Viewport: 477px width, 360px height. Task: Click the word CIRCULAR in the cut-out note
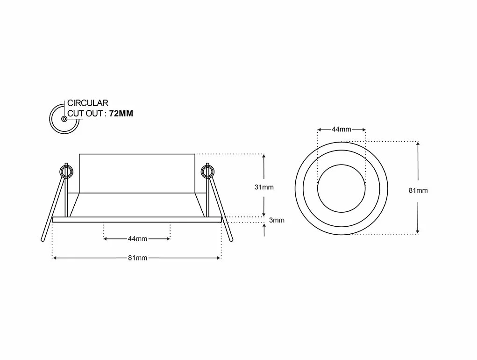point(88,103)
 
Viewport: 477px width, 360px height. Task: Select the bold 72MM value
point(121,114)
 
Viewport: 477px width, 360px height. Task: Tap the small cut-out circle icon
point(63,118)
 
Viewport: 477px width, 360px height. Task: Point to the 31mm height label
point(264,187)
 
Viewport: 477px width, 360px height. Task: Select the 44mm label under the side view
point(137,239)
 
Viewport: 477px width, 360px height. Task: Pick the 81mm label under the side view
point(137,258)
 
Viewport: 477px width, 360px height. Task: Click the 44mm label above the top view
point(341,130)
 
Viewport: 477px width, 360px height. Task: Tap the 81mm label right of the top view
point(418,190)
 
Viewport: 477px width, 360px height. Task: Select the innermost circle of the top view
point(341,187)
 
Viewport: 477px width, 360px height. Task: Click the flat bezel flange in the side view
point(137,219)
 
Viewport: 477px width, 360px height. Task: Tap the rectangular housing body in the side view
point(137,173)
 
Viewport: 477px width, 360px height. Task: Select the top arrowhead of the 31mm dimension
point(264,156)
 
